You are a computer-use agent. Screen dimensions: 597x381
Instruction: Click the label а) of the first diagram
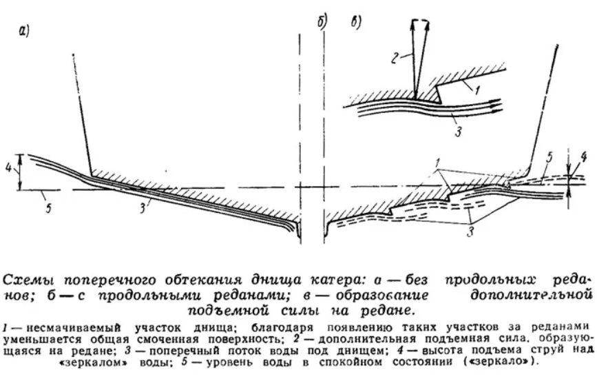point(23,30)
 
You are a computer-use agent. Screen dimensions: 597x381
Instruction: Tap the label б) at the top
point(322,23)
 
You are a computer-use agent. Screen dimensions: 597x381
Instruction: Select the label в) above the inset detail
point(355,23)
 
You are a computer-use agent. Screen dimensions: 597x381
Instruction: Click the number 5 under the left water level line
point(48,208)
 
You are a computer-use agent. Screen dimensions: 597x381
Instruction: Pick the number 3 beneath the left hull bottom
point(143,208)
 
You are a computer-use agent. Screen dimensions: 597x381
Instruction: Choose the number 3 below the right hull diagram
point(470,231)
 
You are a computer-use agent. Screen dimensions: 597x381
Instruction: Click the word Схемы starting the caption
point(28,280)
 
